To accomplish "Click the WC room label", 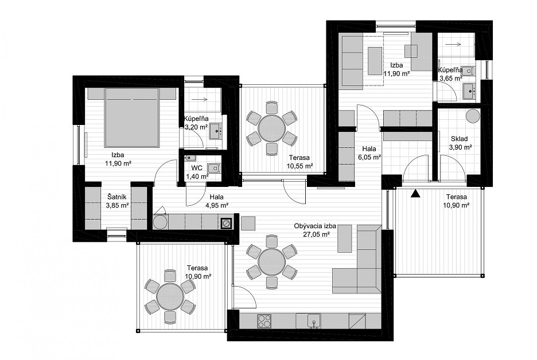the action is click(197, 169).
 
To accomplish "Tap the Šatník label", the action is click(117, 197).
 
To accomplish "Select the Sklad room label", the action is click(459, 139).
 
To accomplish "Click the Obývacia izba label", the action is click(315, 226).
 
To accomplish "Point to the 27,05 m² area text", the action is click(317, 234).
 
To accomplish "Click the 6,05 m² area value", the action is click(369, 157).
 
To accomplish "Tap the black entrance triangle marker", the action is click(415, 193).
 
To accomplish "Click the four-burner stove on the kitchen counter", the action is click(264, 321).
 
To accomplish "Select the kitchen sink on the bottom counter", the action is click(314, 321).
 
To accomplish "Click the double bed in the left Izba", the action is click(132, 118).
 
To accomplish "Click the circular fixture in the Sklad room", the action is click(473, 116).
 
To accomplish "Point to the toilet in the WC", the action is click(215, 168).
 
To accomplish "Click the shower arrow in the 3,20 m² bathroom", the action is click(200, 100).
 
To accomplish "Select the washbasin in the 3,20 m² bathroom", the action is click(215, 131).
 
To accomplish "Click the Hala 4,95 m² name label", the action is click(216, 197).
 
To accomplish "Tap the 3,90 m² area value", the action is click(460, 147).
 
